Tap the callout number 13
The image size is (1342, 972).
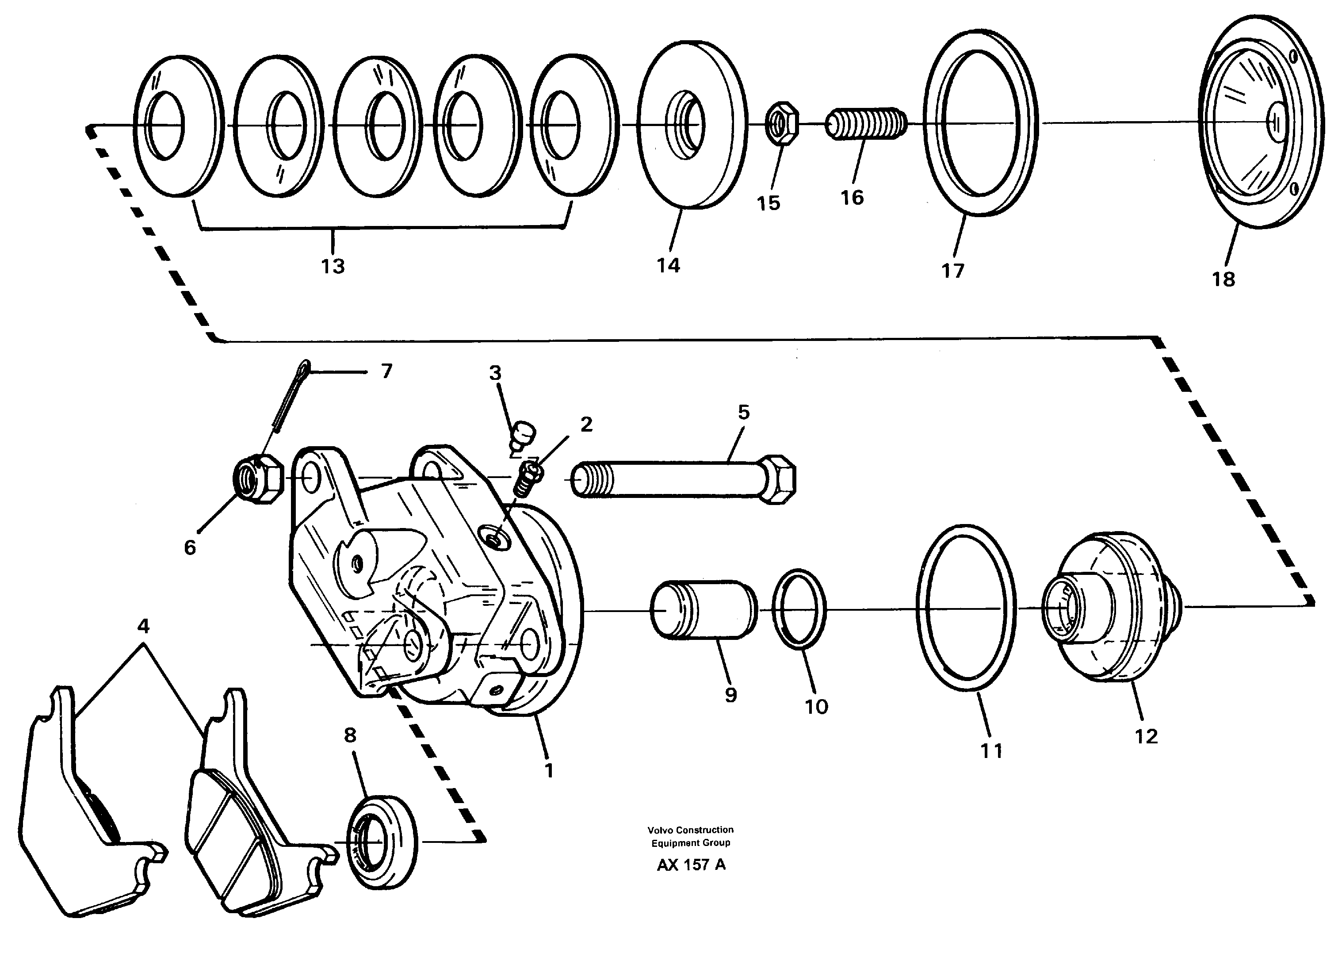click(x=333, y=266)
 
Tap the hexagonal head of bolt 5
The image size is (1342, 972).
click(x=777, y=479)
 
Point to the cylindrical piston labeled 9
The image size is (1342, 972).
click(x=703, y=610)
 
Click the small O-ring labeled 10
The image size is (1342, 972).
click(x=799, y=609)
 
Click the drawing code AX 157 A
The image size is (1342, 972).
click(x=691, y=865)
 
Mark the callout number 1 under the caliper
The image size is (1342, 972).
click(x=549, y=770)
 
